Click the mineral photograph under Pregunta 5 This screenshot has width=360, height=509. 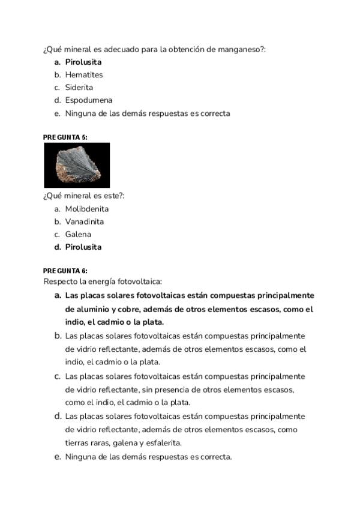(x=77, y=165)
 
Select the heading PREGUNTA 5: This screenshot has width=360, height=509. (x=65, y=137)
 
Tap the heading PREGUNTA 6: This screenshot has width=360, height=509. (x=65, y=271)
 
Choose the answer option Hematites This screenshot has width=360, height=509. (x=84, y=75)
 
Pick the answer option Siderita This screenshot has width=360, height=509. (x=79, y=88)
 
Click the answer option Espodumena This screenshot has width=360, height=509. (x=89, y=100)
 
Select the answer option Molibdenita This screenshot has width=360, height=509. (x=87, y=209)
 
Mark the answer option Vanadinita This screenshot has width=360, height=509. (x=85, y=221)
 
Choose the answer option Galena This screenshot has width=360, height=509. (x=78, y=234)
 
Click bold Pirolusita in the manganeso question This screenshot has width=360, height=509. (x=83, y=62)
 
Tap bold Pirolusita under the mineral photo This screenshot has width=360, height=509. (x=83, y=247)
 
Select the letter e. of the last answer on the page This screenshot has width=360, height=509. (x=58, y=457)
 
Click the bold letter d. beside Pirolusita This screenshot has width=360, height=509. (x=58, y=247)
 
